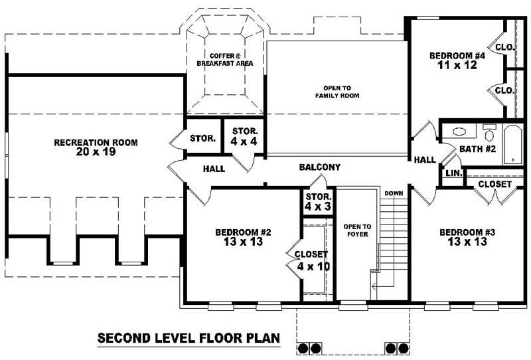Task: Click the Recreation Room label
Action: pos(96,142)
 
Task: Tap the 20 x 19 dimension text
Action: pos(96,152)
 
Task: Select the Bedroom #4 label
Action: pos(457,56)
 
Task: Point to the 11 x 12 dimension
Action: pos(457,66)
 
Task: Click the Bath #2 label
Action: pos(477,149)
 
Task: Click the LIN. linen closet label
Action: pos(453,173)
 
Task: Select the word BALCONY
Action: pos(319,167)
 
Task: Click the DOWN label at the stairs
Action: pos(394,193)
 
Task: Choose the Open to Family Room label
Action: pos(337,92)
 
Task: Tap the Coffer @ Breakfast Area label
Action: pos(224,59)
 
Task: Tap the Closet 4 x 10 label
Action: pos(311,260)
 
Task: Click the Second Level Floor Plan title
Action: pos(189,337)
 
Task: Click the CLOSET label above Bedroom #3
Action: pos(494,184)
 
